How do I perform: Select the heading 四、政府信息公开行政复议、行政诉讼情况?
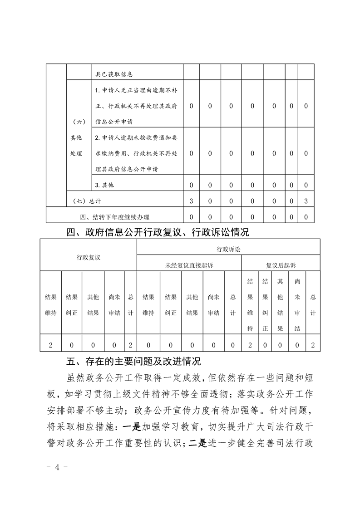(x=158, y=233)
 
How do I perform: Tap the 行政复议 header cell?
(x=89, y=257)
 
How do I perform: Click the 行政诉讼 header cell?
(x=228, y=249)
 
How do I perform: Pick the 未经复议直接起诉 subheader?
(x=189, y=265)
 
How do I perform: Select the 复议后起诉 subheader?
(x=281, y=265)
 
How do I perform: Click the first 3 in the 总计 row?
(x=191, y=200)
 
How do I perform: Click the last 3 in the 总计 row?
(x=306, y=200)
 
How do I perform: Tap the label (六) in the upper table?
(x=78, y=122)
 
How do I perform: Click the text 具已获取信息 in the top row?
(x=114, y=73)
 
